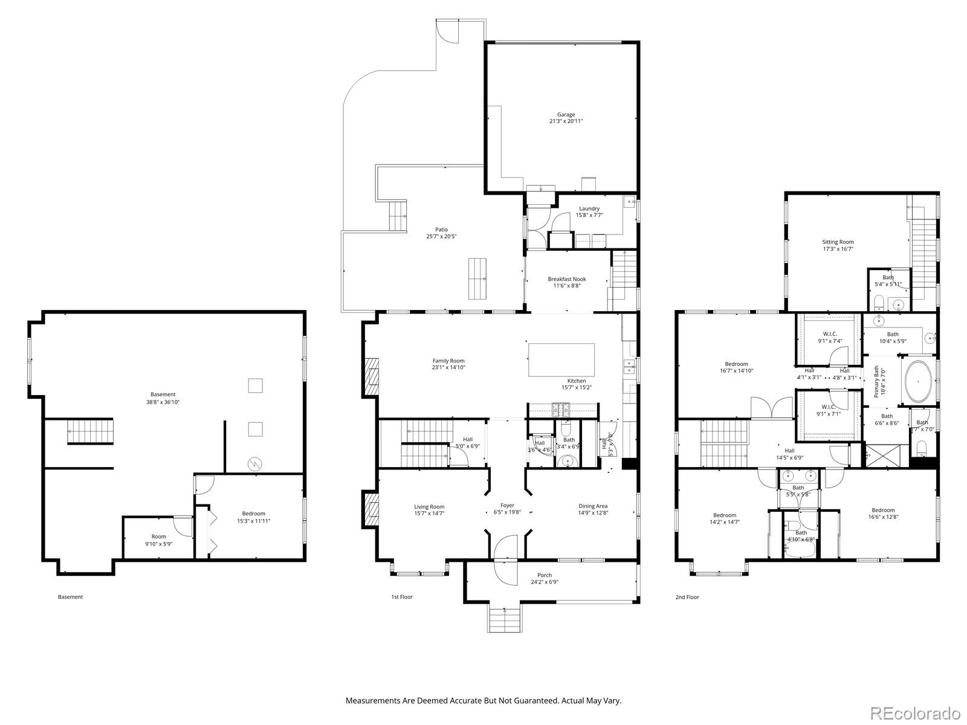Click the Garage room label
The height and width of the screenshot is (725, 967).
[x=566, y=115]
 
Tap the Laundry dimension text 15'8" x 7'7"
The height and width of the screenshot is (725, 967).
[x=589, y=215]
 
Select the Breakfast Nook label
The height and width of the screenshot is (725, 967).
[x=566, y=279]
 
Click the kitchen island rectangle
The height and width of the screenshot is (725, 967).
[x=561, y=359]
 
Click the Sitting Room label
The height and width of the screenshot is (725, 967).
[x=838, y=242]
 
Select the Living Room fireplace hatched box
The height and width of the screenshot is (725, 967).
[x=370, y=510]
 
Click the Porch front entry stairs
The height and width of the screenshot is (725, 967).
[x=503, y=618]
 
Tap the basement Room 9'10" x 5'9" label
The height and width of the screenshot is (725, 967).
[x=158, y=536]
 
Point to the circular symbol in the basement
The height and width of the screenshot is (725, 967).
[x=256, y=464]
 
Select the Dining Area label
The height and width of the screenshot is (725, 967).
[x=592, y=506]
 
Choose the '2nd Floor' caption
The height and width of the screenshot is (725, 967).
[x=687, y=597]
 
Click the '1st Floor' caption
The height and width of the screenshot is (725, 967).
[x=401, y=597]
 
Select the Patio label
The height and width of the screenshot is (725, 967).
[x=441, y=230]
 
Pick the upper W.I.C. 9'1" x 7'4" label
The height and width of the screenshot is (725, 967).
[x=829, y=334]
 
